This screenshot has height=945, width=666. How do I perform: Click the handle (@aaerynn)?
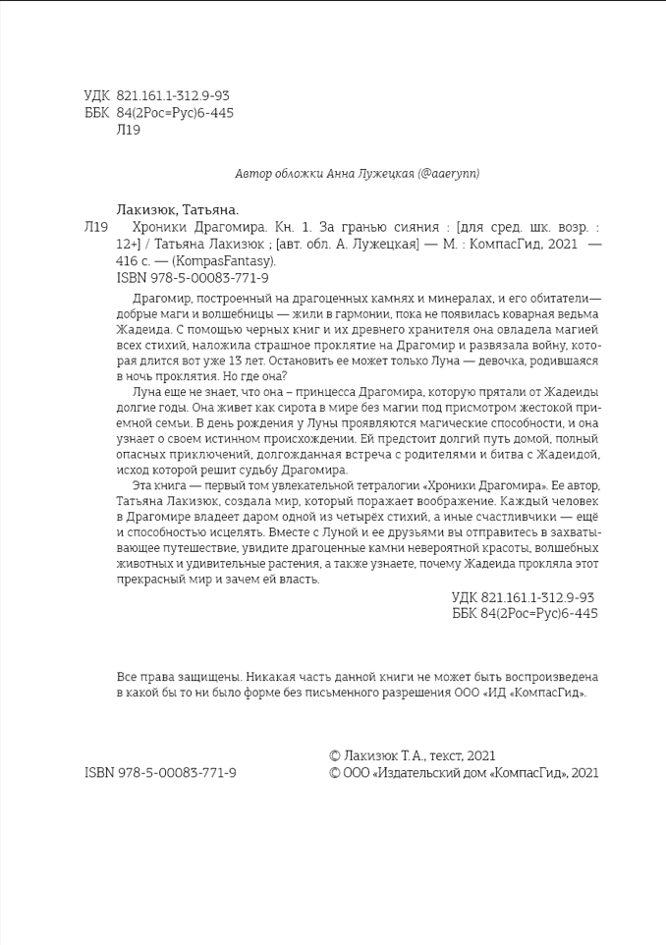click(x=448, y=174)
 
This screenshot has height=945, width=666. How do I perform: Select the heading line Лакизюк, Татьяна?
click(x=178, y=209)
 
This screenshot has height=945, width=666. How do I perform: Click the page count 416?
click(x=129, y=261)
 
